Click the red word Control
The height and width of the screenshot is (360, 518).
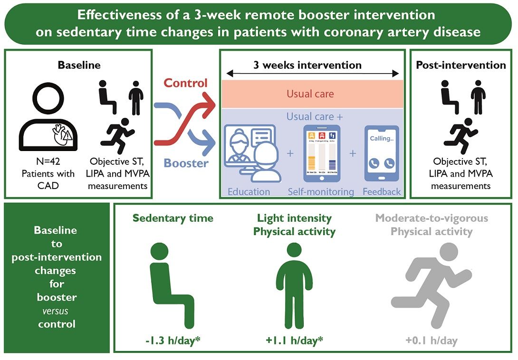pos(186,83)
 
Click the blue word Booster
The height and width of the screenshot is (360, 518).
pos(186,163)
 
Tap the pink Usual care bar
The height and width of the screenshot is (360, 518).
pos(310,94)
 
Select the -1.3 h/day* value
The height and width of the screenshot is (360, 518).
pos(173,340)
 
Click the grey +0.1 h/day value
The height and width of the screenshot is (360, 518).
pos(431,340)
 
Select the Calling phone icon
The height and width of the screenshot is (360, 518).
pos(381,153)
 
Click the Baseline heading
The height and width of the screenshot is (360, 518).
pos(79,65)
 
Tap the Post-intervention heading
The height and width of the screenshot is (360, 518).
pos(460,65)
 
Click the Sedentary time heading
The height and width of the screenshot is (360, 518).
pos(173,218)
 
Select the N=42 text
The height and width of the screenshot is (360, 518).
pos(48,162)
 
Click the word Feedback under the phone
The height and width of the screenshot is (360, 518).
pos(382,192)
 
